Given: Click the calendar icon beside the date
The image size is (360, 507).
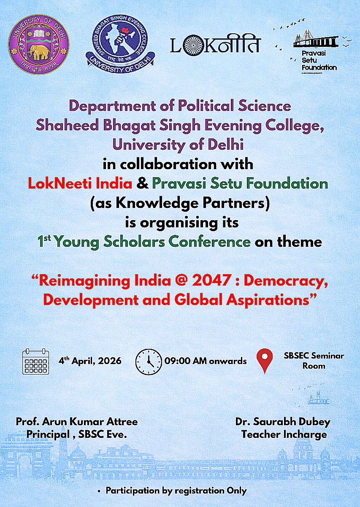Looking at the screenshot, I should (36, 361).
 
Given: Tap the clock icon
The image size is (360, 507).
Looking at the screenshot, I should (149, 361).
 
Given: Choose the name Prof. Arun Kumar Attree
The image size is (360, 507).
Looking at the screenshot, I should (77, 421).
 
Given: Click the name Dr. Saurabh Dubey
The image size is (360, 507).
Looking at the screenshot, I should (283, 421).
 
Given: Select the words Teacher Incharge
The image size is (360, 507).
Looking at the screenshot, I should (284, 434).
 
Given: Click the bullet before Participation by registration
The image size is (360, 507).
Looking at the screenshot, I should (99, 491).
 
